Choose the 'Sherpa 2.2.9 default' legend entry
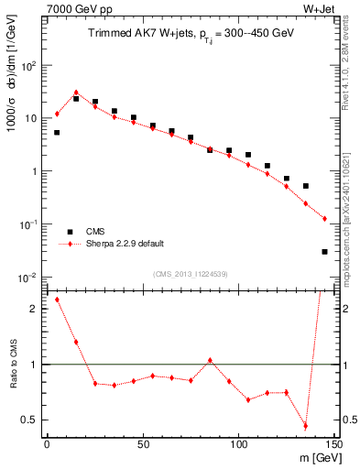point(119,245)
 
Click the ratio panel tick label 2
point(34,309)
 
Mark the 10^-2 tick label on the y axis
point(27,277)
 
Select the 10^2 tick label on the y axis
point(27,66)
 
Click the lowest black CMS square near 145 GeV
point(325,251)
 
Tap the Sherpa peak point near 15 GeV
point(76,93)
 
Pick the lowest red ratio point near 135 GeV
point(306,426)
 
